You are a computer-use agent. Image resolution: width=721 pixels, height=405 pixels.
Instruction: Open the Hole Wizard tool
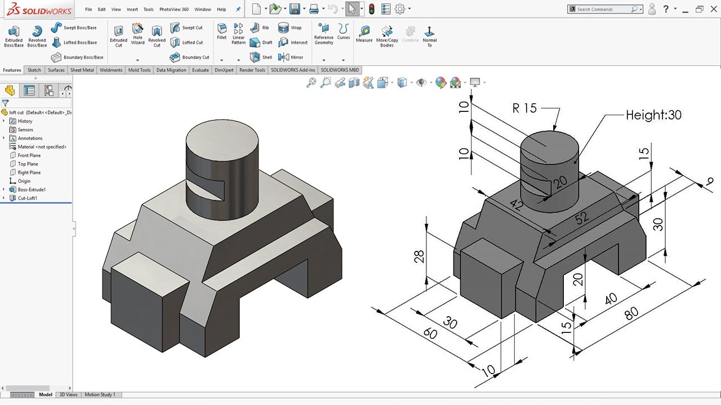click(137, 34)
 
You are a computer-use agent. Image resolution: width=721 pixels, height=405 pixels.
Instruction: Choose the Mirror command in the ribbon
click(291, 57)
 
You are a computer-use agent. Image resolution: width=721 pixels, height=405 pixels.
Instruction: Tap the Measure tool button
click(364, 34)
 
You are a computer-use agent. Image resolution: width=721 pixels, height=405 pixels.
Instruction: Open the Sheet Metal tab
click(82, 70)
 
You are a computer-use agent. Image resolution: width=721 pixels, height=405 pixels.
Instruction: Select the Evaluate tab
click(200, 70)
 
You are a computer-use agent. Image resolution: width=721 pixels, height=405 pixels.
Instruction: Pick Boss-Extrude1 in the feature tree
click(32, 190)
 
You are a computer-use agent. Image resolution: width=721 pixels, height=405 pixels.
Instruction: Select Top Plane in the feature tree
click(28, 164)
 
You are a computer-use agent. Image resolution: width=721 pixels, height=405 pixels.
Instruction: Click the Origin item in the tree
click(24, 181)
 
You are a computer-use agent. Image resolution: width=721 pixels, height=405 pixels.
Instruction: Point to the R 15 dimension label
click(524, 109)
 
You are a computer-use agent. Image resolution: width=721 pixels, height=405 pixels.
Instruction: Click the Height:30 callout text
click(653, 115)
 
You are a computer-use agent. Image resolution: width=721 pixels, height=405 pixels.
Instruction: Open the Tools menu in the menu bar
click(148, 10)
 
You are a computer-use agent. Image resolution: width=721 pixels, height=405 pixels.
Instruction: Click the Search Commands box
click(603, 10)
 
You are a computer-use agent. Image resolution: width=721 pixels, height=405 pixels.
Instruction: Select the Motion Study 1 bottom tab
click(100, 395)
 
